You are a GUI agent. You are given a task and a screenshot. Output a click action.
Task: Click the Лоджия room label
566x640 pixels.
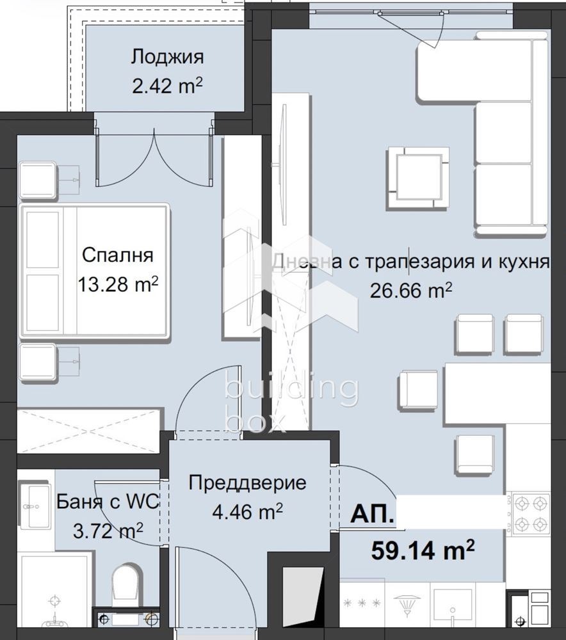click(x=167, y=57)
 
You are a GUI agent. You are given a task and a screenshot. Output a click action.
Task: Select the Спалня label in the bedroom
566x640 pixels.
click(x=117, y=255)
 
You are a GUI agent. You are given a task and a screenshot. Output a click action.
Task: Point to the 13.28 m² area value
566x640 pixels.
click(x=118, y=284)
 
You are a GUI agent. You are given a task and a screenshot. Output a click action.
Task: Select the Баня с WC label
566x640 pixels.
click(x=107, y=502)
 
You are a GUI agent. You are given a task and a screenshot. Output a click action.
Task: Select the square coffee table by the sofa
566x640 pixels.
click(x=416, y=173)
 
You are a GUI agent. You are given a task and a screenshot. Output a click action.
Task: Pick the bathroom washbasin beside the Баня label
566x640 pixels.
click(x=36, y=506)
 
